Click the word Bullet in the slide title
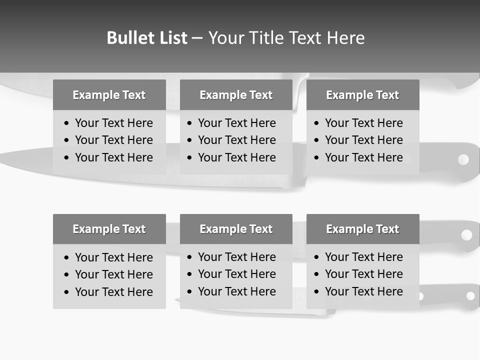pos(128,38)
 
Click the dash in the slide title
pos(197,38)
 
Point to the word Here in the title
pos(345,38)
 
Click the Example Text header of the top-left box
pos(109,95)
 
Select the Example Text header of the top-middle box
pos(236,95)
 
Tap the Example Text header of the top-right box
pos(362,95)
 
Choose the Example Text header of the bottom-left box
pos(109,229)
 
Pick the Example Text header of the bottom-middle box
pos(236,229)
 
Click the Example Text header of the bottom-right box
pos(362,229)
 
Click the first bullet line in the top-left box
pos(113,123)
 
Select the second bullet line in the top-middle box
pos(236,140)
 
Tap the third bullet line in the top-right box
pos(363,157)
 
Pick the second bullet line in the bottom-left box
pos(113,274)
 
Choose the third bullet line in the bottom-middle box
pos(236,291)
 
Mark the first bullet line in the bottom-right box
pos(363,257)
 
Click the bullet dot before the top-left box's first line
pos(67,123)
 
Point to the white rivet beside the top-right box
pos(463,159)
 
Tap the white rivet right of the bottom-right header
pos(466,234)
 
